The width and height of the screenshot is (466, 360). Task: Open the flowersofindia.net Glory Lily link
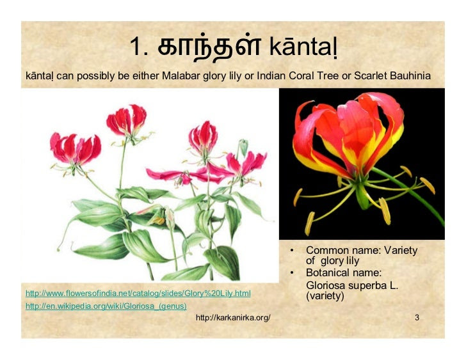138,293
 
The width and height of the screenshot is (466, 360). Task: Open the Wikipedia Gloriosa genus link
106,306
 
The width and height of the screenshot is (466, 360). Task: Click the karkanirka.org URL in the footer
233,318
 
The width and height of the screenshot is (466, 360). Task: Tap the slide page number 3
417,318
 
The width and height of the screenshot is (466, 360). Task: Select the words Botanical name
344,272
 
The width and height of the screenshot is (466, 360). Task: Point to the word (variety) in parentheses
325,296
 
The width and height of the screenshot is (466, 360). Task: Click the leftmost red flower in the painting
75,149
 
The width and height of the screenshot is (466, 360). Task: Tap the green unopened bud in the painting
243,147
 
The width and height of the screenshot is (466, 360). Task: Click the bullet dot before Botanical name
293,272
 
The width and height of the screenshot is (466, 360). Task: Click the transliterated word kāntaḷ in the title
303,47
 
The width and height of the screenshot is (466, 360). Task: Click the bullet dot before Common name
293,251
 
